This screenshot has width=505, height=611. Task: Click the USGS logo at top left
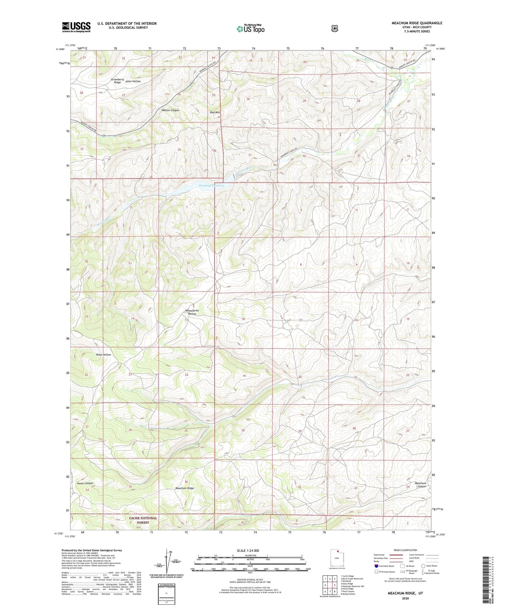[x=76, y=27]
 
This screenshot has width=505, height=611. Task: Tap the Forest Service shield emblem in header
[x=334, y=28]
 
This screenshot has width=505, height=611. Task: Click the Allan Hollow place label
[x=133, y=81]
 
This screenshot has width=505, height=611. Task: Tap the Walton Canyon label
[x=170, y=110]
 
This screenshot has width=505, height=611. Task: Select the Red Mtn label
[x=215, y=112]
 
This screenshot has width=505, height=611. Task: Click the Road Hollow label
[x=103, y=354]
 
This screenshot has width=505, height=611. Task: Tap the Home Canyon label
[x=85, y=483]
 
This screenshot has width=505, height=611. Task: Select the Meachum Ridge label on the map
[x=185, y=488]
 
